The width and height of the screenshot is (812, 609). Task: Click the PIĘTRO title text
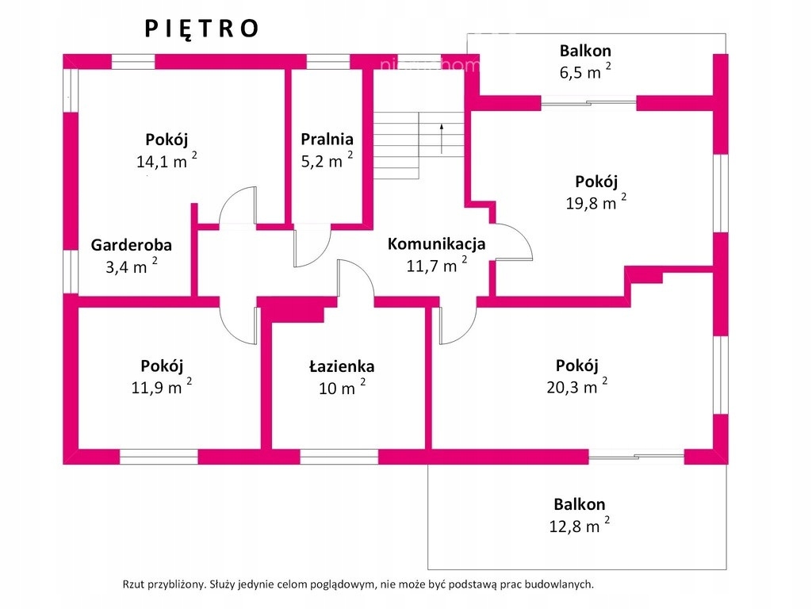[201, 29]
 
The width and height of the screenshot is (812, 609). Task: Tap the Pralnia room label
[327, 139]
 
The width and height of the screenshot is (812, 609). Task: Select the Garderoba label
[132, 244]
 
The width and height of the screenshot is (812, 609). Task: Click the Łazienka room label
[342, 366]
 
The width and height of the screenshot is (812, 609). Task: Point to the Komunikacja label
[437, 243]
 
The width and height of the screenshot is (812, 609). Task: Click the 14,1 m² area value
[167, 160]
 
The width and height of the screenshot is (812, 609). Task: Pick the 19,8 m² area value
[596, 201]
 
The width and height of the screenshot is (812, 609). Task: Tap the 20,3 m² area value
[577, 386]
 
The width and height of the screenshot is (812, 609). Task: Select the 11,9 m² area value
[162, 386]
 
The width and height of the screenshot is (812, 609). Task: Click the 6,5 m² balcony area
[585, 71]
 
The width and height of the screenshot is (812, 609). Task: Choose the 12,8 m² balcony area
[579, 525]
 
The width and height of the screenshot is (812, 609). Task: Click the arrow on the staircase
[441, 138]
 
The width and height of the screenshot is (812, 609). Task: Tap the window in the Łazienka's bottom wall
[339, 457]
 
